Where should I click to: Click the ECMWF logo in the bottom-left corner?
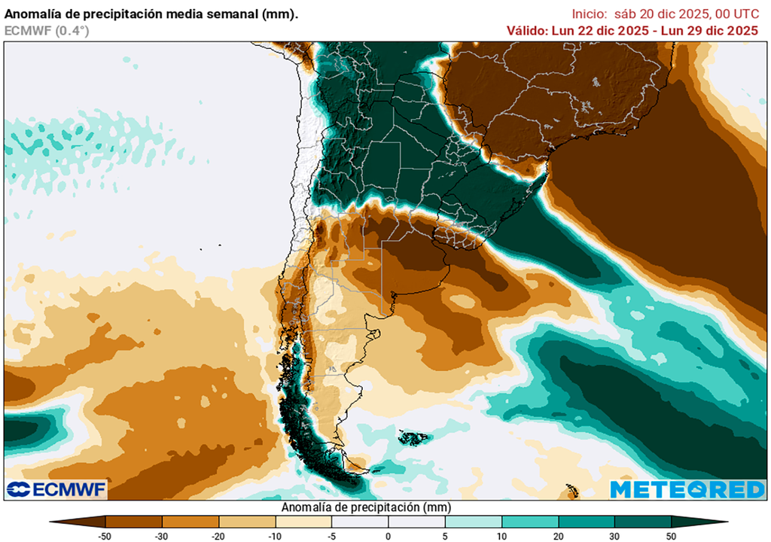56,489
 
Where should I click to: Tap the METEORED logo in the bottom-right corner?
687,489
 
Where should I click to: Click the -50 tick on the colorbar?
106,535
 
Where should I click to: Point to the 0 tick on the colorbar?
389,535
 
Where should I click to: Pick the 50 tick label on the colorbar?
671,535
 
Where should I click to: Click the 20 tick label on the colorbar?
558,535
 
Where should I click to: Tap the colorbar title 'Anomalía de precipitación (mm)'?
365,507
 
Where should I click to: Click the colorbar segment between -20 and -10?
247,521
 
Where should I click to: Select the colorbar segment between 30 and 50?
642,521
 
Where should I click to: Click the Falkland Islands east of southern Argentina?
413,437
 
